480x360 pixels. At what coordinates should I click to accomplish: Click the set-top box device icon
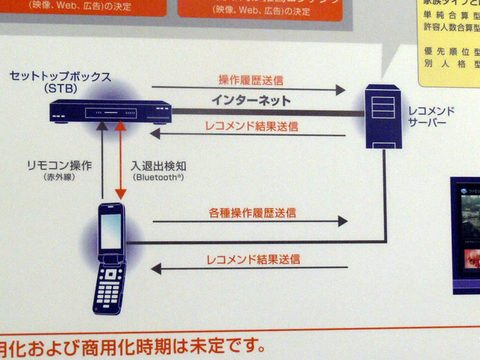(x=110, y=112)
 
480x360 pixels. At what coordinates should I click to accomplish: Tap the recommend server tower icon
(x=382, y=117)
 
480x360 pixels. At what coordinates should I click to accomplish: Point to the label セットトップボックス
(x=60, y=77)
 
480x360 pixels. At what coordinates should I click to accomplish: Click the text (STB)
(x=60, y=89)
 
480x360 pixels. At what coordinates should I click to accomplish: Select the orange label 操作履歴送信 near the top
(x=250, y=79)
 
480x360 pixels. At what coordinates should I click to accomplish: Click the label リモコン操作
(x=59, y=165)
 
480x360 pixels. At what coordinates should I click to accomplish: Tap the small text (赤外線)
(x=59, y=178)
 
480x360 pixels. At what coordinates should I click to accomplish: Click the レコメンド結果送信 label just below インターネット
(x=251, y=127)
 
